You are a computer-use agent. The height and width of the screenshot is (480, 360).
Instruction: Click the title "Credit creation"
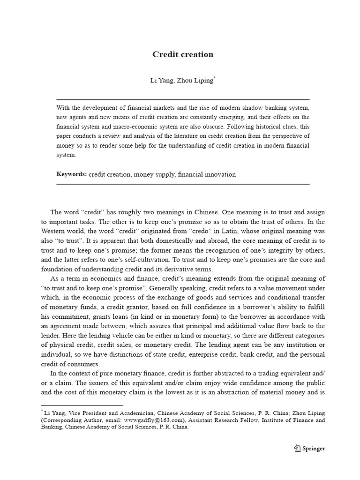(x=183, y=54)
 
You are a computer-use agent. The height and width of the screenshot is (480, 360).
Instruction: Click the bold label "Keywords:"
(x=72, y=174)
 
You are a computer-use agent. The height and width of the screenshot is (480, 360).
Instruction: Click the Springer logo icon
(x=297, y=449)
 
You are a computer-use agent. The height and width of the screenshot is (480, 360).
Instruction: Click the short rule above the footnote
(x=82, y=405)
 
